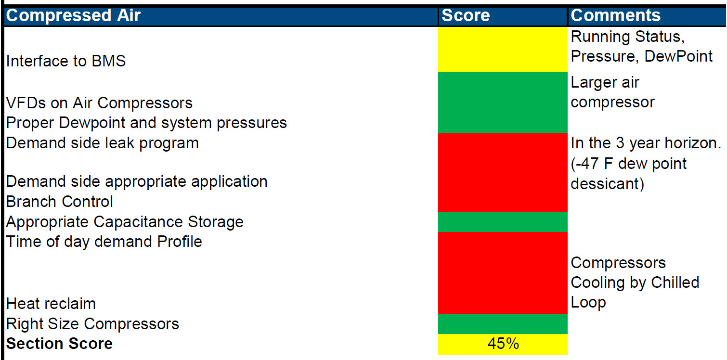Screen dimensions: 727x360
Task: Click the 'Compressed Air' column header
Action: [73, 15]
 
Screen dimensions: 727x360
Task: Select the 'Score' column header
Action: [466, 15]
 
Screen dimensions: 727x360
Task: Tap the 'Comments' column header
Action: [616, 15]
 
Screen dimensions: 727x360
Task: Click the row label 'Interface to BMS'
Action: [66, 61]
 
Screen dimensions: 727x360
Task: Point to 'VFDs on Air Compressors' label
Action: [99, 103]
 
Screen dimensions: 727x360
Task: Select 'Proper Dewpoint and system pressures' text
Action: [146, 123]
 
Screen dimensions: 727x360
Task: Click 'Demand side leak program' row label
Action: [102, 143]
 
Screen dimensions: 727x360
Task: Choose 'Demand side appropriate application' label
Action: [137, 181]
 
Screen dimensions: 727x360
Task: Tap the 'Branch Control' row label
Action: [59, 202]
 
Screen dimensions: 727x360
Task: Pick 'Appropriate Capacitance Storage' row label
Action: [125, 222]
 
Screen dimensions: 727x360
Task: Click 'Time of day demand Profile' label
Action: [104, 242]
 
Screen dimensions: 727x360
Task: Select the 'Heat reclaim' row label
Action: [51, 304]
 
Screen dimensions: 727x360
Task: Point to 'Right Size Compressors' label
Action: [92, 324]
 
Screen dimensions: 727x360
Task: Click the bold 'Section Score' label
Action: [59, 344]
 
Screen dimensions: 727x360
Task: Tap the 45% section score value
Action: [503, 344]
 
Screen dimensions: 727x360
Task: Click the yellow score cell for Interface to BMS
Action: [503, 49]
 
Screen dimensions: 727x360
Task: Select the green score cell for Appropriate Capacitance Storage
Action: [503, 222]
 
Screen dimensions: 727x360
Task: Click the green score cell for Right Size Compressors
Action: [503, 324]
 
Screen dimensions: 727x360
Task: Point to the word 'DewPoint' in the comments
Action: [678, 56]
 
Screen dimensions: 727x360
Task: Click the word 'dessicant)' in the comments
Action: [607, 184]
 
